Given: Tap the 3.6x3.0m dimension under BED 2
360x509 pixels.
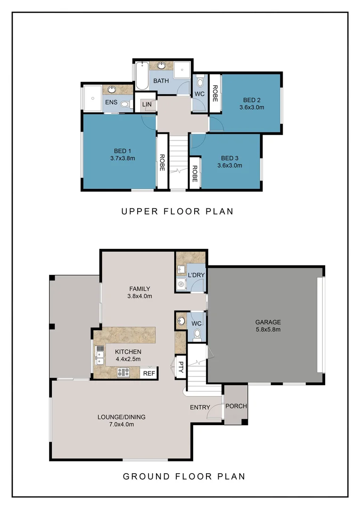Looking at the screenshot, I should [x=252, y=107].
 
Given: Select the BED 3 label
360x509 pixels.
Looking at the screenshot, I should [x=229, y=158].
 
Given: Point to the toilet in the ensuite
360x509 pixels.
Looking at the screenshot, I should [x=125, y=105].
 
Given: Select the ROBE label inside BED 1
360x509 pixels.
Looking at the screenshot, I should [x=162, y=163].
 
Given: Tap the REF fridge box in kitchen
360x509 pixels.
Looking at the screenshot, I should [x=149, y=373].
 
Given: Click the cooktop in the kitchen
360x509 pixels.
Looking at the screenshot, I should [x=123, y=372].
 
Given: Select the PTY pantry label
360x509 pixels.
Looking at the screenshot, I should [x=180, y=367].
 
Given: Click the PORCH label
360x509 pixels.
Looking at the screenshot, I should [x=236, y=406].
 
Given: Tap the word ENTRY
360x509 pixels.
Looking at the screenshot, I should [x=200, y=407].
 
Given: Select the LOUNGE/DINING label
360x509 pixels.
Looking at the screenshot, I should [x=121, y=417].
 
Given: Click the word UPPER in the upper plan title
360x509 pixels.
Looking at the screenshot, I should [x=139, y=212].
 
